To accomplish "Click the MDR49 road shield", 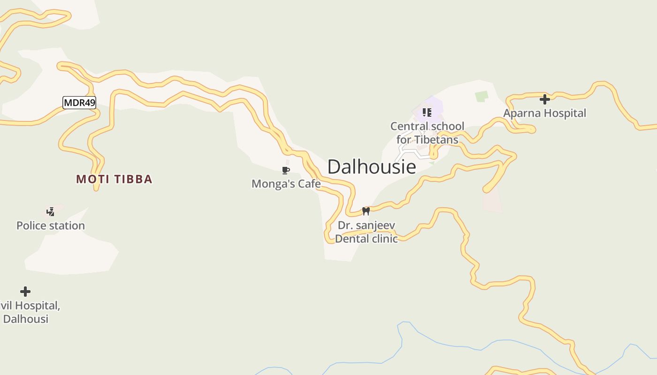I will coord(79,103).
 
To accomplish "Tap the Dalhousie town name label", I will coord(371,167).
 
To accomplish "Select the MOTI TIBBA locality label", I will coord(114,179).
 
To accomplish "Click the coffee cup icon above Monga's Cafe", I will coord(285,170).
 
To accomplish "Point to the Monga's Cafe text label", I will coord(286,184).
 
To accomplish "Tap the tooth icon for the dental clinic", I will coord(366,211).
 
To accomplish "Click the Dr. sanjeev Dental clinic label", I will coord(366,232).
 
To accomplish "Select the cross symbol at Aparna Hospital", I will coord(544,99).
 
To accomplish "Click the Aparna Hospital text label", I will coord(544,113).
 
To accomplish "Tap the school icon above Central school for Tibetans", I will coord(427,112).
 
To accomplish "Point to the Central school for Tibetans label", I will coord(427,133).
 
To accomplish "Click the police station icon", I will coord(50,212).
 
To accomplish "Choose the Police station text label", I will coord(51,225).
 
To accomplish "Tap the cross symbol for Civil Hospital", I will coord(25,292).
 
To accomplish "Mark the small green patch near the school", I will coord(481,97).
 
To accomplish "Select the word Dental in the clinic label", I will coord(350,239).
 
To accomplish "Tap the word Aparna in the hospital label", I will coord(521,113).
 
